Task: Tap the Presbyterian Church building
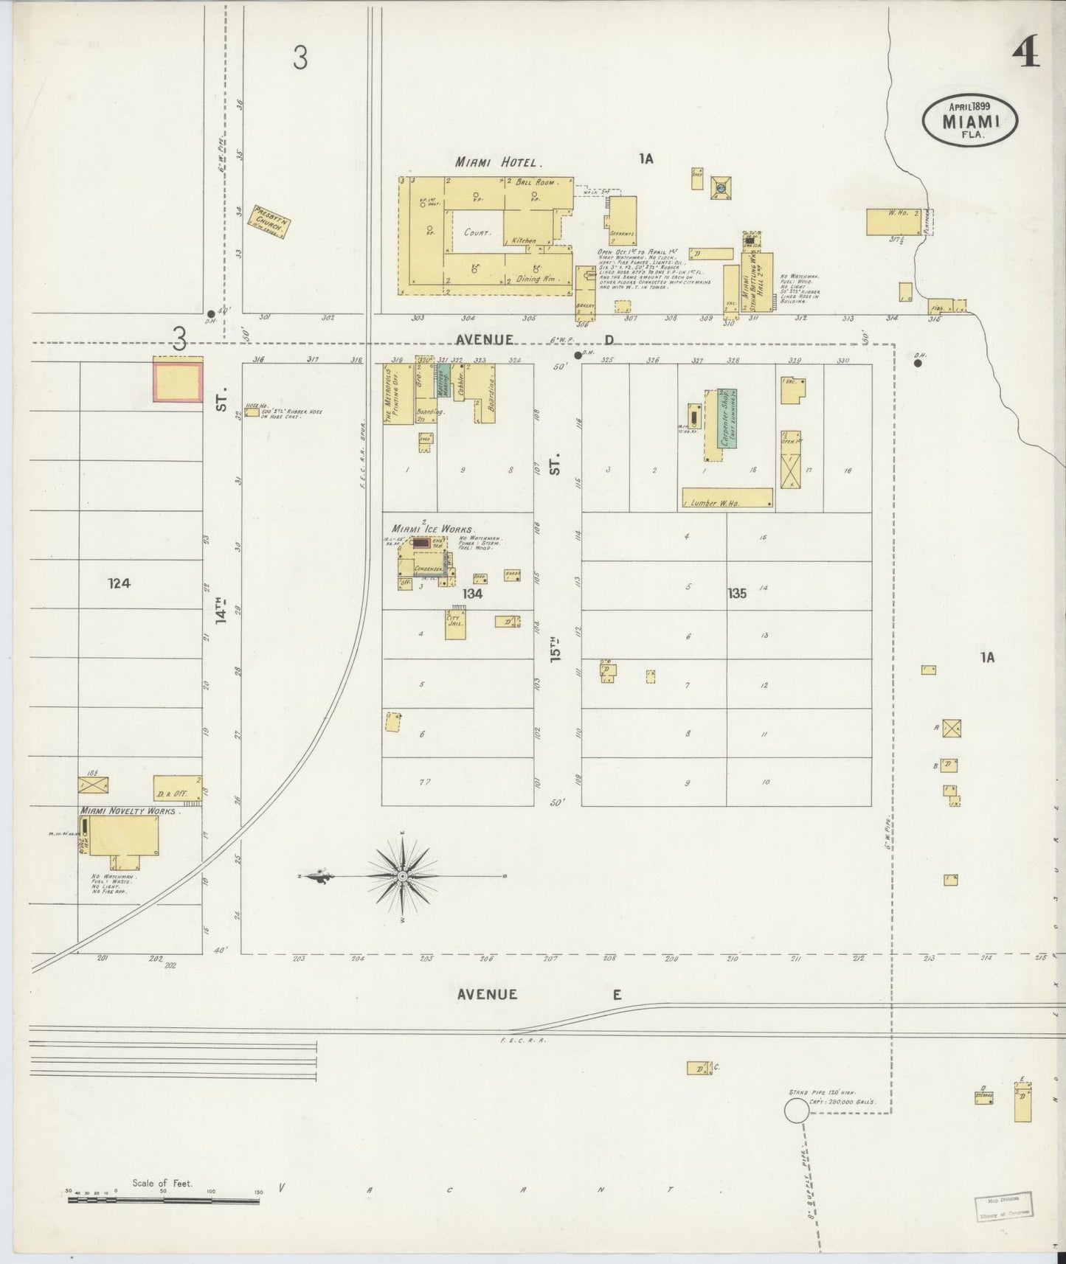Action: (271, 220)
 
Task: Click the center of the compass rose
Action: (403, 876)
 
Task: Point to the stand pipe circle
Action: (796, 1111)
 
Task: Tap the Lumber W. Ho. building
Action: (727, 499)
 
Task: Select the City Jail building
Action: (455, 625)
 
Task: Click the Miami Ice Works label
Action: (433, 529)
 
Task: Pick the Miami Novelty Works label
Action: (128, 810)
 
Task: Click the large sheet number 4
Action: (1025, 53)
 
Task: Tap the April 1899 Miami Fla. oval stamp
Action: (970, 119)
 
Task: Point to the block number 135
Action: (736, 593)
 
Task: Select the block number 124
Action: (119, 583)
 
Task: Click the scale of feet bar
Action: (163, 1201)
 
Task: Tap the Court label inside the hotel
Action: (477, 232)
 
